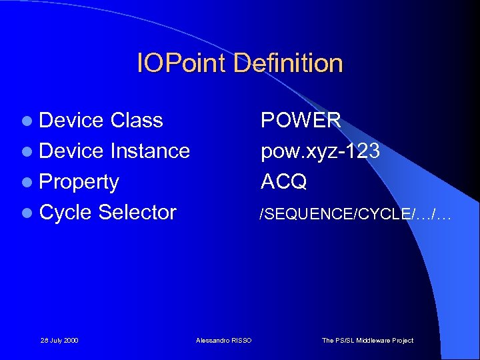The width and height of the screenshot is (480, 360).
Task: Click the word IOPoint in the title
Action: [179, 64]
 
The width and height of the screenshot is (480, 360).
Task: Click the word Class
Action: [137, 121]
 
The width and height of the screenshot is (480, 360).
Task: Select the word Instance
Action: [150, 151]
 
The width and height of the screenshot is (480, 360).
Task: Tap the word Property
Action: [79, 183]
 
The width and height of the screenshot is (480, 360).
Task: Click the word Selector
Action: [137, 213]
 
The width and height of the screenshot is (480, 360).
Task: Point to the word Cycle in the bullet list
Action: [66, 213]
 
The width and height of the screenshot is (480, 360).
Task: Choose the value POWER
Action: [301, 121]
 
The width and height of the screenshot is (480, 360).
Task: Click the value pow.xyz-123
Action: [320, 151]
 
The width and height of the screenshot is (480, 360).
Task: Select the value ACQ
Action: [283, 182]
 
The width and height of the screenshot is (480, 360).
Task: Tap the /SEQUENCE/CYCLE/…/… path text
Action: [355, 213]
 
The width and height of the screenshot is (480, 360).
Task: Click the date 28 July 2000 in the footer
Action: [59, 341]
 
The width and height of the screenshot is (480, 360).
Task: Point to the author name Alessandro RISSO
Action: [224, 341]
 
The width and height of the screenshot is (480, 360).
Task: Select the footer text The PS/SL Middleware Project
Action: [367, 341]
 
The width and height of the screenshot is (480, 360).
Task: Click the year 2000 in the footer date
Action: [71, 341]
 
